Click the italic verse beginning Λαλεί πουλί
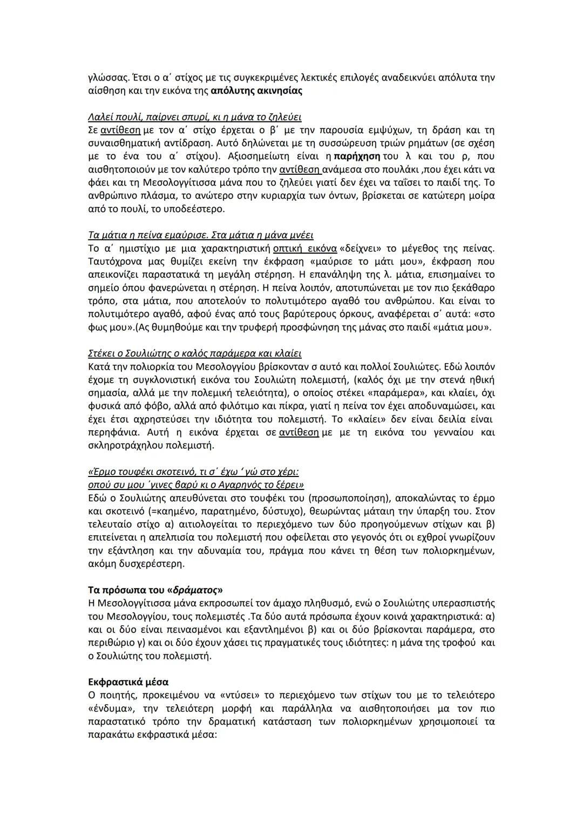coord(194,117)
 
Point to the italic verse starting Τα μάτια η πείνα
coord(200,235)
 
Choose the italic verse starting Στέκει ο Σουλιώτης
coord(194,353)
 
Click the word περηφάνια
coord(113,433)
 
